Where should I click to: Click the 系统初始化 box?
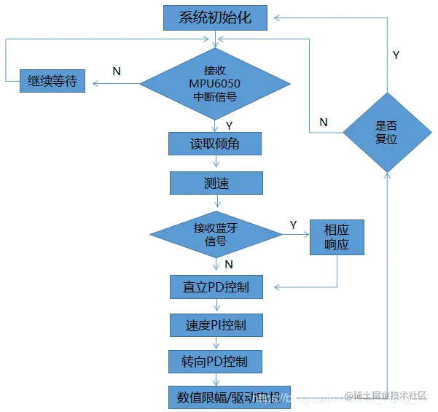pyautogui.click(x=215, y=18)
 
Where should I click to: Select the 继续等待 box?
pyautogui.click(x=52, y=82)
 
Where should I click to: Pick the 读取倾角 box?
pyautogui.click(x=214, y=144)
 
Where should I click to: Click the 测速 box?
pyautogui.click(x=215, y=182)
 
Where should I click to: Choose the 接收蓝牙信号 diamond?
pyautogui.click(x=216, y=234)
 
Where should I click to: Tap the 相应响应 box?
pyautogui.click(x=336, y=237)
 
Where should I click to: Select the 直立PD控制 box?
pyautogui.click(x=215, y=287)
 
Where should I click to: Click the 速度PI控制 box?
pyautogui.click(x=215, y=324)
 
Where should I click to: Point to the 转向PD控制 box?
pyautogui.click(x=215, y=362)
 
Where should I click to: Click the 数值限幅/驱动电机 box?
pyautogui.click(x=229, y=397)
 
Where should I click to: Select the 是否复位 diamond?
pyautogui.click(x=386, y=132)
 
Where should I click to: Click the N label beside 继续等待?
pyautogui.click(x=116, y=71)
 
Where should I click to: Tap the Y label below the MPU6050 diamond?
pyautogui.click(x=229, y=125)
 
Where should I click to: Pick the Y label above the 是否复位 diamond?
pyautogui.click(x=396, y=55)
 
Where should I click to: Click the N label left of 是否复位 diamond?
pyautogui.click(x=324, y=122)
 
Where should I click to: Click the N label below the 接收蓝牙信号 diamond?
pyautogui.click(x=229, y=263)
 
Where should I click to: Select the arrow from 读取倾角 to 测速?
pyautogui.click(x=215, y=163)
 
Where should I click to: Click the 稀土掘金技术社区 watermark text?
pyautogui.click(x=390, y=395)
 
